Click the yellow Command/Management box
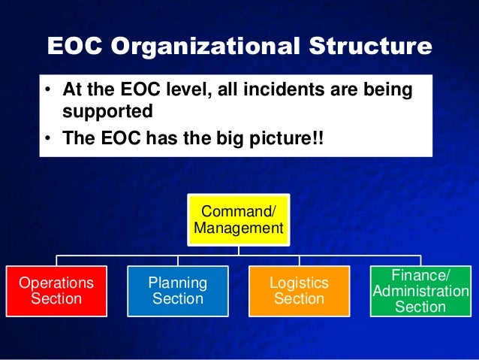238,217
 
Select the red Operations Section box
56,291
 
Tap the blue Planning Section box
177,291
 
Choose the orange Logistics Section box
299,291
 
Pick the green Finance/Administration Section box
420,291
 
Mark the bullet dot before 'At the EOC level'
47,91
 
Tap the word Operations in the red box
56,283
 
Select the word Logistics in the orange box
299,283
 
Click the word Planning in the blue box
177,283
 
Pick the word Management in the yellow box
238,226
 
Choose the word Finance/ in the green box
420,276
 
